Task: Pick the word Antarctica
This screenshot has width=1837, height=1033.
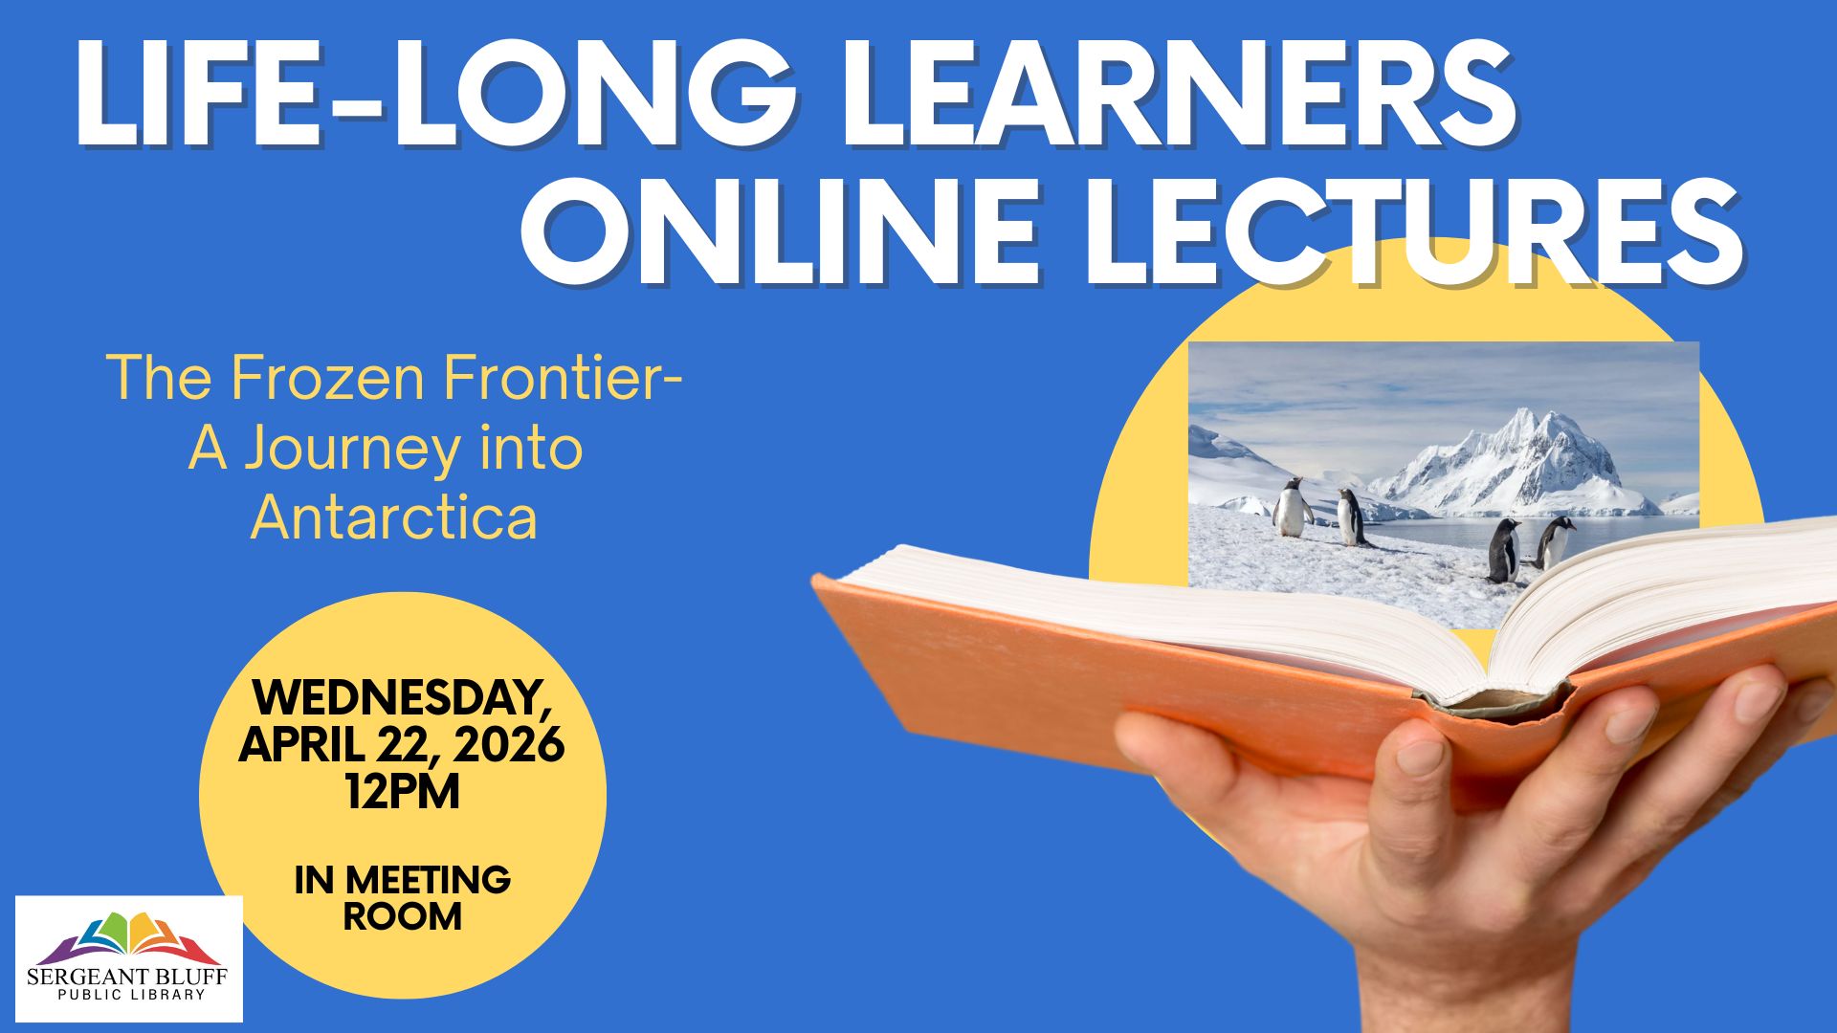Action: coord(393,518)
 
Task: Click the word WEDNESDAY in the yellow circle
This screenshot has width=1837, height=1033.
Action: coord(403,698)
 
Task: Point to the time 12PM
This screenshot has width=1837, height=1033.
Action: coord(403,792)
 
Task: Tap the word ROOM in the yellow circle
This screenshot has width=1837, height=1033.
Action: coord(403,916)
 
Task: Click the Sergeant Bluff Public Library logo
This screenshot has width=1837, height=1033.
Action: coord(129,958)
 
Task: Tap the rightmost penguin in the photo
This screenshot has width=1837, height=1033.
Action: coord(1555,542)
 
